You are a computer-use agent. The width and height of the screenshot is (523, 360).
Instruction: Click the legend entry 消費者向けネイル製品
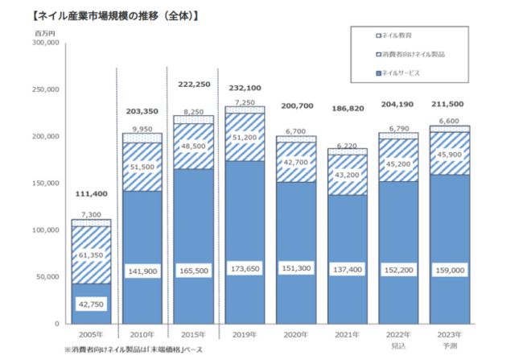(411, 54)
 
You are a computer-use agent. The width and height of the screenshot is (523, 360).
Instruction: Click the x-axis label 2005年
(91, 333)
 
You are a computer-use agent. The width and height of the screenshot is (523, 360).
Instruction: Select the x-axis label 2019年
(245, 333)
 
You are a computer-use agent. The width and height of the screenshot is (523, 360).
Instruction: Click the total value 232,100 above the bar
(245, 88)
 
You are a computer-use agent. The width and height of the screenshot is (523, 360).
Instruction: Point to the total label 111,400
(91, 194)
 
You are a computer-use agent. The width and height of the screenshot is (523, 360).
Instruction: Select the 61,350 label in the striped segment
(91, 255)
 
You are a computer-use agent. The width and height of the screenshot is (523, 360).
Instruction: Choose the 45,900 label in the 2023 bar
(450, 154)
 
